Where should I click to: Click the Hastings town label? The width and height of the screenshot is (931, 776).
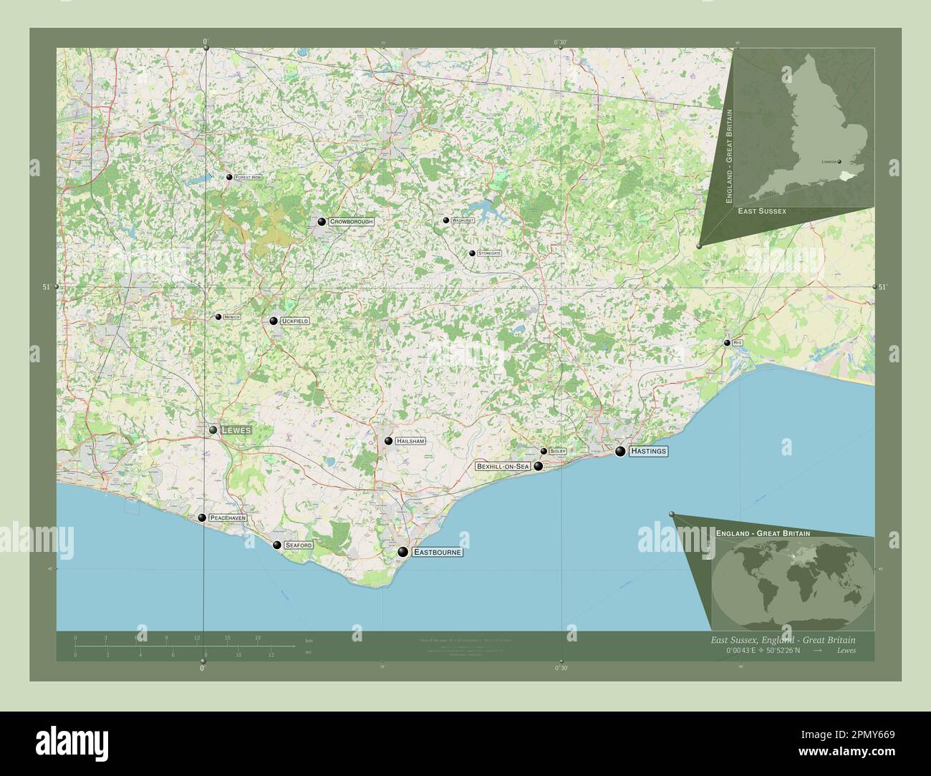pyautogui.click(x=649, y=452)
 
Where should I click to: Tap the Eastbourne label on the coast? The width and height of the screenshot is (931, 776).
pyautogui.click(x=438, y=553)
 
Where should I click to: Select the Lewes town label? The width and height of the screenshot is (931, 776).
pyautogui.click(x=236, y=430)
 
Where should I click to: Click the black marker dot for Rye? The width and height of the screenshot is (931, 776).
pyautogui.click(x=727, y=344)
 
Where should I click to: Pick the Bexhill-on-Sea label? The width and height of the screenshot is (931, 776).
pyautogui.click(x=503, y=467)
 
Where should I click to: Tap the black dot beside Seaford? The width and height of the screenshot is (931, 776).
pyautogui.click(x=276, y=545)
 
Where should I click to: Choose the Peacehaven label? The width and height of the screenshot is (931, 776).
pyautogui.click(x=228, y=518)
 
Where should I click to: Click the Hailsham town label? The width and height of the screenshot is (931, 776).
pyautogui.click(x=411, y=442)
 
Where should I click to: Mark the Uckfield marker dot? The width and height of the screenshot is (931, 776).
pyautogui.click(x=274, y=321)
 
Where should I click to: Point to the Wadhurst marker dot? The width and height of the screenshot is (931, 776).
pyautogui.click(x=445, y=220)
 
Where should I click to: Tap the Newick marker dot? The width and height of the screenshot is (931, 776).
pyautogui.click(x=218, y=316)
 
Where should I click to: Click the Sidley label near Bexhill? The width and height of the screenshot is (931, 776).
pyautogui.click(x=558, y=452)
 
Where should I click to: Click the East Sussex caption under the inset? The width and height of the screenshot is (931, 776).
pyautogui.click(x=762, y=211)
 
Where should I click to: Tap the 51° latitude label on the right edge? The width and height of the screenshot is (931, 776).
pyautogui.click(x=882, y=287)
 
